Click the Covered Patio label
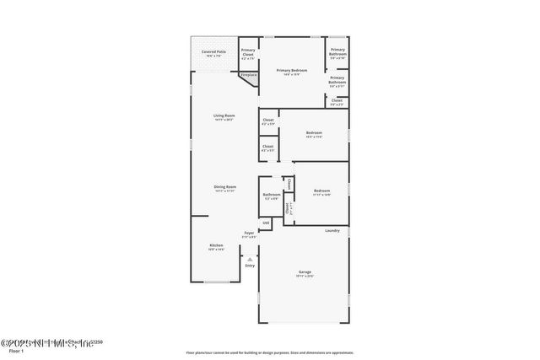click(213, 52)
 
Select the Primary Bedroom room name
click(291, 70)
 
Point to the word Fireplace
click(249, 75)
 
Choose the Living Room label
click(224, 116)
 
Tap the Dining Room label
click(225, 186)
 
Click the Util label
click(266, 223)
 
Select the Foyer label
click(249, 233)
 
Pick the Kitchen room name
click(217, 245)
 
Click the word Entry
click(250, 266)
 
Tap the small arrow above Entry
click(250, 259)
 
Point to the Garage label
click(305, 271)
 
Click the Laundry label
click(332, 230)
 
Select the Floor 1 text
click(15, 350)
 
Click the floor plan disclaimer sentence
click(269, 353)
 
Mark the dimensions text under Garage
click(305, 277)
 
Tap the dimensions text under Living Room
click(224, 121)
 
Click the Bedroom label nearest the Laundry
click(321, 190)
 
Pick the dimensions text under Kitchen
click(217, 250)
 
